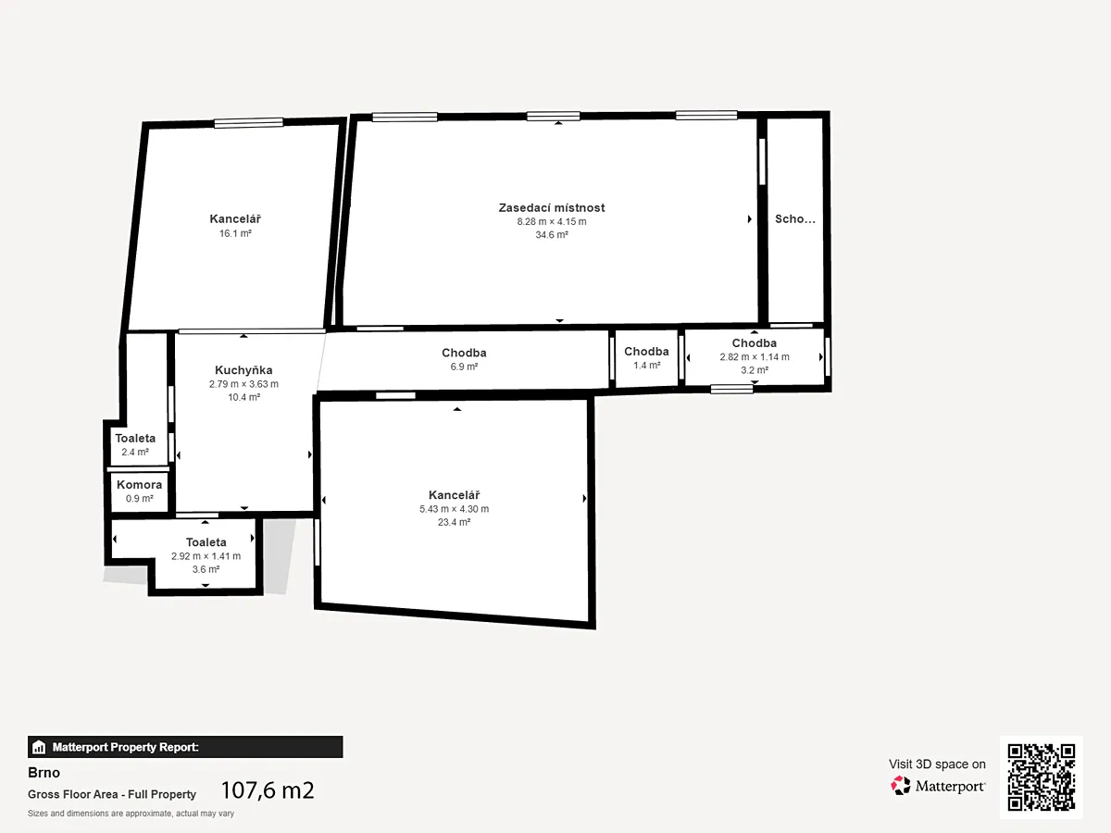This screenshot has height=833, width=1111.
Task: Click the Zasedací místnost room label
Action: point(551,208)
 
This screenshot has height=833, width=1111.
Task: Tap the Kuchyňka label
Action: point(243,370)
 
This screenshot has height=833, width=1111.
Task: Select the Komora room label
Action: point(139,484)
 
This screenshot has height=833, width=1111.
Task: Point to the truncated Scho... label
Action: point(794,219)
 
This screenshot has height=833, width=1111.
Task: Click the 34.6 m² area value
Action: point(552,235)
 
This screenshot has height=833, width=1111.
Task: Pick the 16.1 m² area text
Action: point(235,233)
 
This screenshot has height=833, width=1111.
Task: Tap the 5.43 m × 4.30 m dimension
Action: point(454,509)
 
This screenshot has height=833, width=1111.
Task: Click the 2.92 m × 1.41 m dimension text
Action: point(206,556)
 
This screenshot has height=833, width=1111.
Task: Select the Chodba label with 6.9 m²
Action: point(464,353)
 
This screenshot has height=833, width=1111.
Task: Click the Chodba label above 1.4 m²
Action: point(646,351)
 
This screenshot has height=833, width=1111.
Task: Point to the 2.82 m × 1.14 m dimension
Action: point(755,356)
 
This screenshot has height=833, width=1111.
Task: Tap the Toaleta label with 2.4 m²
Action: point(135,438)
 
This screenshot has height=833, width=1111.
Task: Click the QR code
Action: point(1042,777)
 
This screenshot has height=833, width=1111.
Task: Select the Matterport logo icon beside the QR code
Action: point(901,786)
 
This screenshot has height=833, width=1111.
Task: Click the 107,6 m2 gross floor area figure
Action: point(268,790)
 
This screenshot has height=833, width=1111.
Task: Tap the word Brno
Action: point(44,773)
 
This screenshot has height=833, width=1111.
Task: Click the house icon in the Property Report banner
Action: point(39,747)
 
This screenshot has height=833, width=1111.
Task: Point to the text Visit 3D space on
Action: point(937,765)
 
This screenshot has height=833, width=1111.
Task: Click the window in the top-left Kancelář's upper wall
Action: point(248,123)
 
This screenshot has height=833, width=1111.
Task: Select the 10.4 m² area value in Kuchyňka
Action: point(244,397)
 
